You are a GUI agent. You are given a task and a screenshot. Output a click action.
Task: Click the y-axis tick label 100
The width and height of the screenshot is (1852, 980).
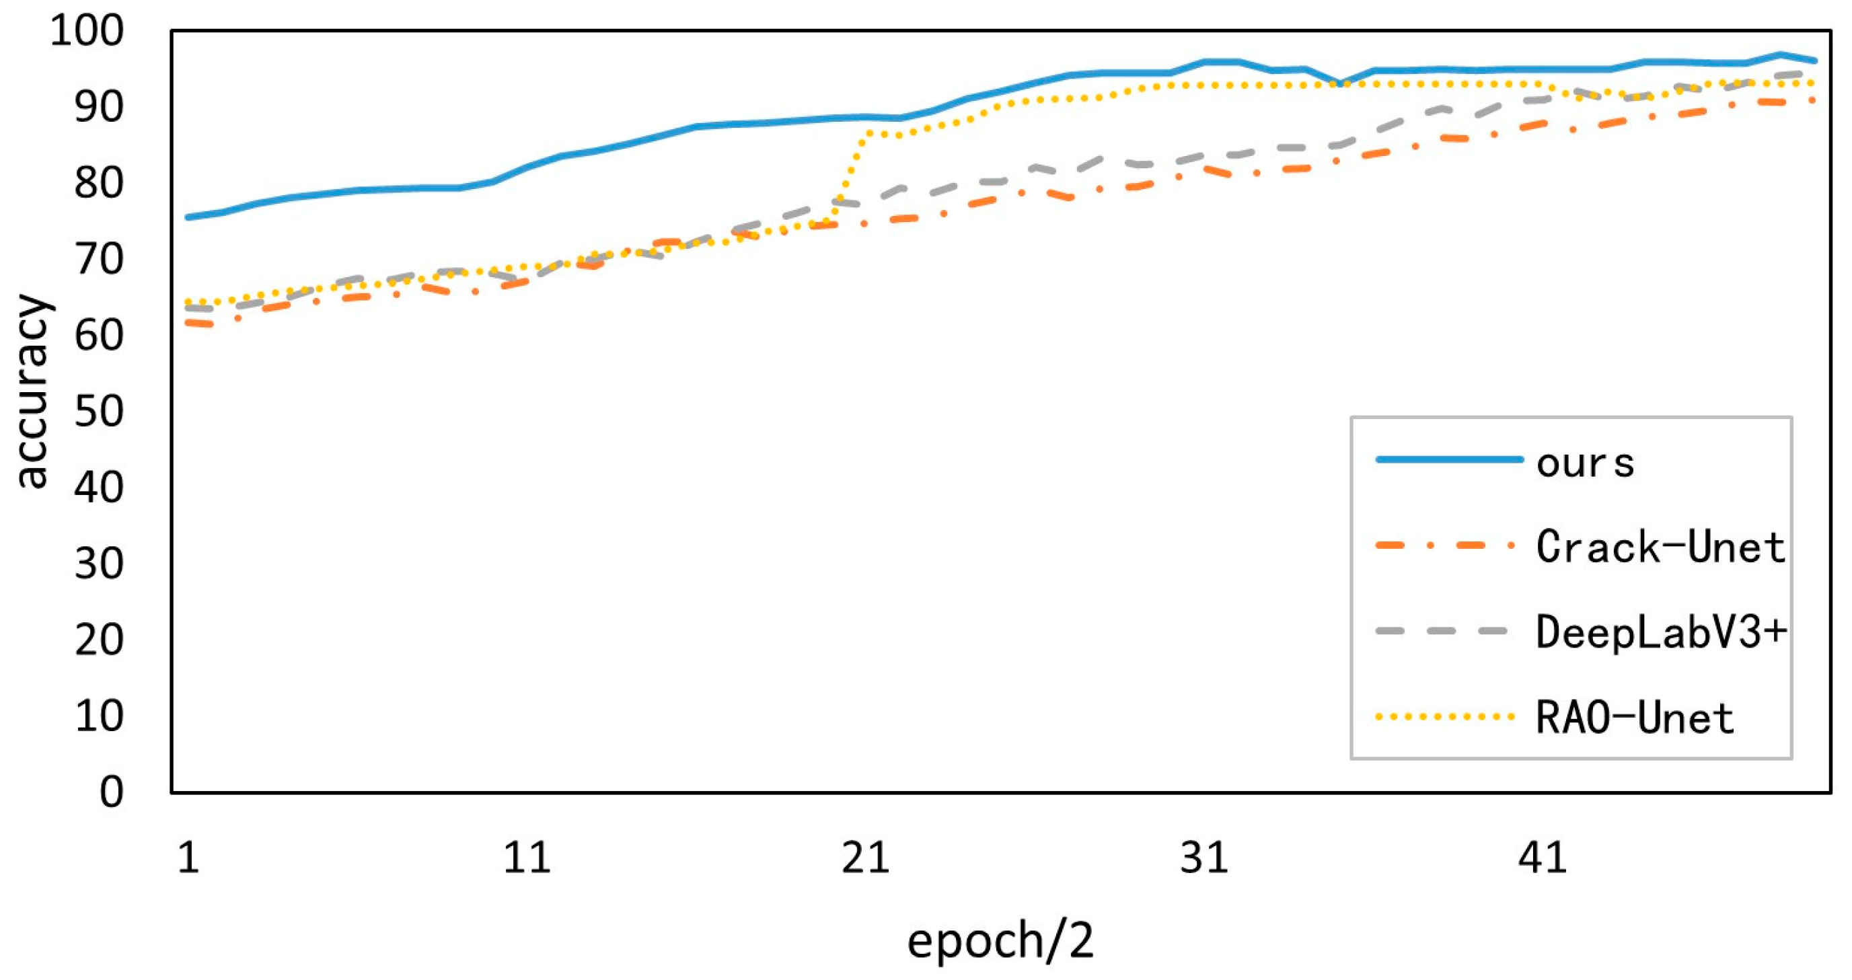pos(86,31)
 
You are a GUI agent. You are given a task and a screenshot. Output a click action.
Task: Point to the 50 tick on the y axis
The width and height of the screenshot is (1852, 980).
pos(98,412)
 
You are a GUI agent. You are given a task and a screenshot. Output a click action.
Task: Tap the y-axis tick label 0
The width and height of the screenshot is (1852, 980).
pos(112,792)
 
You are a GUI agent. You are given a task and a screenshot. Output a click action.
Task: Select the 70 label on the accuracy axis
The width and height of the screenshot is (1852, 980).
pos(98,260)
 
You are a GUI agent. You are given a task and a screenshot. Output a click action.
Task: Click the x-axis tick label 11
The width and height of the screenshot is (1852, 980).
pos(527,858)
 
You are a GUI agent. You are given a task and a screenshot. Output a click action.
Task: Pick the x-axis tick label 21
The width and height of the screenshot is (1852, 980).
pos(866,858)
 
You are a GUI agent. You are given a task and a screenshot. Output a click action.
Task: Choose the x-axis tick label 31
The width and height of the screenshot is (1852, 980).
pos(1204,858)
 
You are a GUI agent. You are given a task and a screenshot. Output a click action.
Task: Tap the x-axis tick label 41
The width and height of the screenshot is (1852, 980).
pos(1542,858)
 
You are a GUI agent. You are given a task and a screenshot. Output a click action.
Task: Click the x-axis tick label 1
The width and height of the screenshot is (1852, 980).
pos(188,858)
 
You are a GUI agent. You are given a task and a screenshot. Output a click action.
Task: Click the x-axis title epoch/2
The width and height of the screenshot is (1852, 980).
pos(1000,940)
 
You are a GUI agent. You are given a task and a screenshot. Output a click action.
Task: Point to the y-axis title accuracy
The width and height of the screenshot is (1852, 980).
pos(32,392)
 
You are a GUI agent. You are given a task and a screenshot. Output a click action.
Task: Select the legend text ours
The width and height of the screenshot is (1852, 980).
pos(1586,462)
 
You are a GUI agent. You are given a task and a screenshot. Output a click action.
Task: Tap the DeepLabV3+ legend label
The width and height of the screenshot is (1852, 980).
pos(1660,633)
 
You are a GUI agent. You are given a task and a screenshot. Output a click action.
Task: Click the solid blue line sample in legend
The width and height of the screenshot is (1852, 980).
pos(1448,459)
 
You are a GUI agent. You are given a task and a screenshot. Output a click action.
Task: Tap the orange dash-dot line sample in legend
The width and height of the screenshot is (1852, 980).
pos(1445,545)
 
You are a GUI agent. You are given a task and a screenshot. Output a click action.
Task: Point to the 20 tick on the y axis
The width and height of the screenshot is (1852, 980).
pos(98,640)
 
